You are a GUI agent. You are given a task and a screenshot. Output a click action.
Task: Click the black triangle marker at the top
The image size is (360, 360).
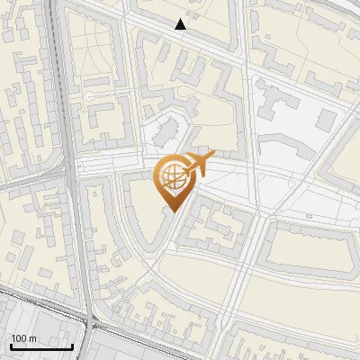point(181,24)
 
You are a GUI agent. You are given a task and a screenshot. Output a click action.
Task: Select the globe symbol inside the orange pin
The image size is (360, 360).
point(172,177)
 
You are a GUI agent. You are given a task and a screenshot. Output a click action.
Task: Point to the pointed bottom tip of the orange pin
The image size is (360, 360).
point(172,211)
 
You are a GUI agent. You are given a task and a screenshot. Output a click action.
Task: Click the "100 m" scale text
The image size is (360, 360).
point(24,338)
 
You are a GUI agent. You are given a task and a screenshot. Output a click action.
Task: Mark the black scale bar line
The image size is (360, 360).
point(41,346)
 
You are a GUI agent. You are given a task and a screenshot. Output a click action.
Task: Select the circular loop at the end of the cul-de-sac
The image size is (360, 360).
point(95,94)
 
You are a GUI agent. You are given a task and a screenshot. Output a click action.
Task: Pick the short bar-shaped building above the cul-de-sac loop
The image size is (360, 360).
point(95,81)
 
